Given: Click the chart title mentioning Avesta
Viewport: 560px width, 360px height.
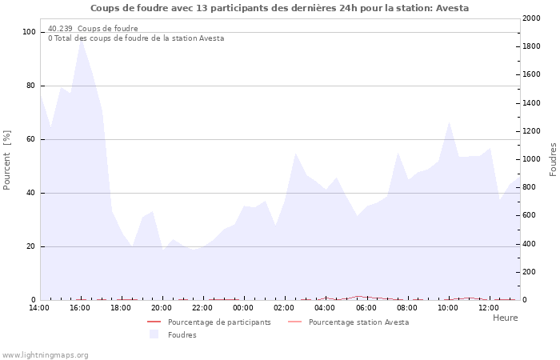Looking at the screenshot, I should (x=279, y=8).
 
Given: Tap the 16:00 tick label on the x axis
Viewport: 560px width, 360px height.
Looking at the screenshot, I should (x=80, y=307).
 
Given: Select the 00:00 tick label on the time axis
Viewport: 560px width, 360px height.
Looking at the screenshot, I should (x=243, y=307).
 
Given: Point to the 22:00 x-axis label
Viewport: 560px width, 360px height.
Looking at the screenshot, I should (x=202, y=307).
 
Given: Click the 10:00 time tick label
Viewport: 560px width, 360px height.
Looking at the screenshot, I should (x=448, y=307).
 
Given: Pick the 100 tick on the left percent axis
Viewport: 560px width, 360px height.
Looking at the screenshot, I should (x=29, y=32).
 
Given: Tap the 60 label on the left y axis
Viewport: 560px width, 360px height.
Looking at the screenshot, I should (x=30, y=139).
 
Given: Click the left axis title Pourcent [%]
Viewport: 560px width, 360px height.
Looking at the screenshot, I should (x=7, y=160).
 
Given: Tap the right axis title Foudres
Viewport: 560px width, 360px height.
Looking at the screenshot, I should (x=553, y=159).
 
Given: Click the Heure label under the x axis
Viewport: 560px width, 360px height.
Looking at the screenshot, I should (x=505, y=318).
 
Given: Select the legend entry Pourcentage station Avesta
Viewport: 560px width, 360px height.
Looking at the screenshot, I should (x=358, y=322).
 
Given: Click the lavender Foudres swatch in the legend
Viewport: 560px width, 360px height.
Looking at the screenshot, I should (x=154, y=334).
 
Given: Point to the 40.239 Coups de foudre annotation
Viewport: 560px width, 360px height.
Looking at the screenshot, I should (x=93, y=29).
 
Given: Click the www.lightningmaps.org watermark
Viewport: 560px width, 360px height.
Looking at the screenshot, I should (x=46, y=355).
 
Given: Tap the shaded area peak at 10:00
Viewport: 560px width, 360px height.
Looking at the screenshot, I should (x=450, y=122).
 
